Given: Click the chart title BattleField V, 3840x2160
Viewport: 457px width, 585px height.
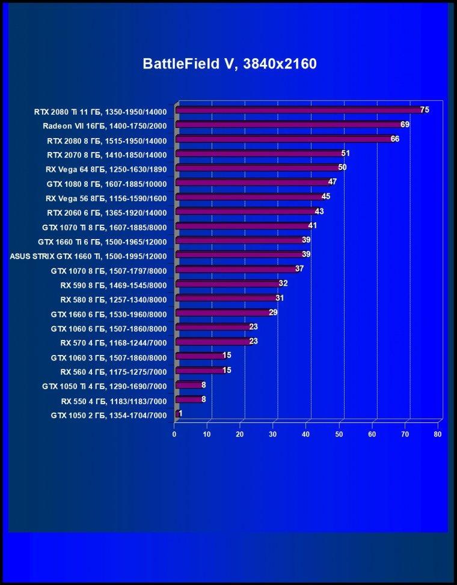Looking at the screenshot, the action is pos(230,64).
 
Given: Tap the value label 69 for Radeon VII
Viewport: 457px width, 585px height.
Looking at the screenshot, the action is pos(405,124).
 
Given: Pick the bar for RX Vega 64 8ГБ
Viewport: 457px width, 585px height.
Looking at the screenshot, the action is pos(258,168).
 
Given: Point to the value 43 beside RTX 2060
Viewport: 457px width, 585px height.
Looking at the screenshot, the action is pos(319,211).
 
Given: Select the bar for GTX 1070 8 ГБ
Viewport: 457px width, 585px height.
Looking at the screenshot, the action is pos(236,269).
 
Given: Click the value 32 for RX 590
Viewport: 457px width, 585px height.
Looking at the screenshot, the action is pos(283,283).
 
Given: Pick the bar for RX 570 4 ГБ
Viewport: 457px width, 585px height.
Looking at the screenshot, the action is pos(213,341).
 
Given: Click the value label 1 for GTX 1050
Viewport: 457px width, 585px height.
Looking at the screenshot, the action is pos(180,413).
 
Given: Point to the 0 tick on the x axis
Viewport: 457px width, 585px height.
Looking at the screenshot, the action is pos(174,434).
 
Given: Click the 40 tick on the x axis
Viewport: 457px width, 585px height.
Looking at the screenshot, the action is pos(306,434).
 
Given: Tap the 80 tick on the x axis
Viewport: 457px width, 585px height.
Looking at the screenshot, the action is pos(438,434).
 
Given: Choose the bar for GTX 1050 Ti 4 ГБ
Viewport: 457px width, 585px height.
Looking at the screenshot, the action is pos(189,384).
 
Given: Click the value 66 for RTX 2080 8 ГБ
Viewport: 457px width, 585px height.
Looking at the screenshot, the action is pos(395,139).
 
